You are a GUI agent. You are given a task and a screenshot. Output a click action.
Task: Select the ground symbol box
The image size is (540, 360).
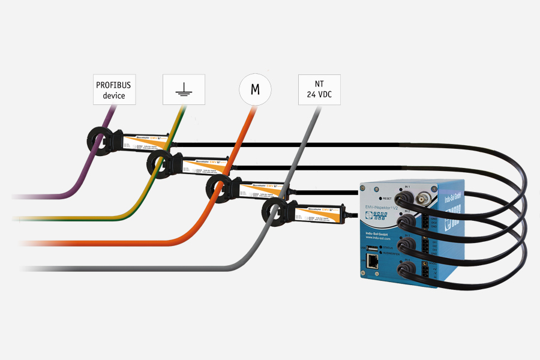tap(184, 89)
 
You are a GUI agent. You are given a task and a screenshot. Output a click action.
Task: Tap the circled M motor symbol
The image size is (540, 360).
tap(255, 90)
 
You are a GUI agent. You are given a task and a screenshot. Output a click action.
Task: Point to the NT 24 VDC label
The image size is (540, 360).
tap(319, 89)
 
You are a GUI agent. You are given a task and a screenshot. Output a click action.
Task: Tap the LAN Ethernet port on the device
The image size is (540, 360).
tap(373, 261)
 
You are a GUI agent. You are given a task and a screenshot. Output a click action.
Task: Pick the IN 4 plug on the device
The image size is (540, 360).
tap(409, 266)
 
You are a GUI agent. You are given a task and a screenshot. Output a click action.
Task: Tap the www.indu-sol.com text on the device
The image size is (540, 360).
tap(377, 238)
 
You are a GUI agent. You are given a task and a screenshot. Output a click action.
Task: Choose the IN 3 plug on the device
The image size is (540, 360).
tap(407, 244)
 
